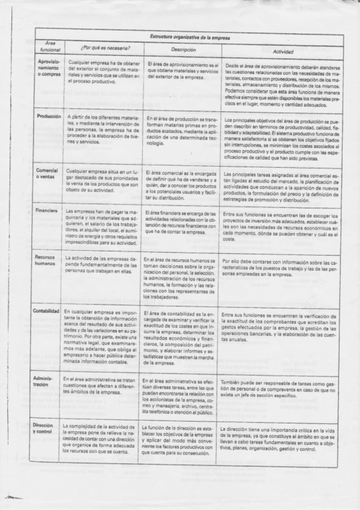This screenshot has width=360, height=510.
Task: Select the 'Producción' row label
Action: [x=49, y=115]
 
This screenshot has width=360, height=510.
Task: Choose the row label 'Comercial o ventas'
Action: [x=47, y=174]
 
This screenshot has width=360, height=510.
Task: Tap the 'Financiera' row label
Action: [x=47, y=212]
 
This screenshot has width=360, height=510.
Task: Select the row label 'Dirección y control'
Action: [x=46, y=432]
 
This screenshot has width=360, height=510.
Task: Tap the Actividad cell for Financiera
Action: [x=281, y=226]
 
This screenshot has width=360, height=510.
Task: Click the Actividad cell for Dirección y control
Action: [x=281, y=439]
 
